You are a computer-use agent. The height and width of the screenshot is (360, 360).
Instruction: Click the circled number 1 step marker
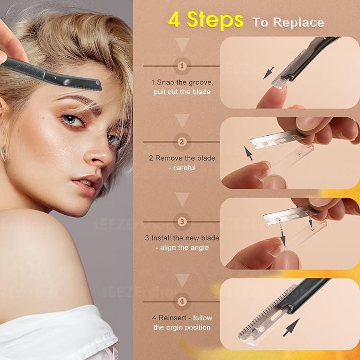(x=182, y=66)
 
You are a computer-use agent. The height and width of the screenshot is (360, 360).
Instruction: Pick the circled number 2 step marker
(x=182, y=142)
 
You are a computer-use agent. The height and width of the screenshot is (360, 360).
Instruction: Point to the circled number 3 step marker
(x=182, y=222)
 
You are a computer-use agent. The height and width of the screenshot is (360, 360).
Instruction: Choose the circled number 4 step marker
(x=182, y=302)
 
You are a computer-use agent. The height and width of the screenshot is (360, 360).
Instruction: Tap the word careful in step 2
(x=183, y=168)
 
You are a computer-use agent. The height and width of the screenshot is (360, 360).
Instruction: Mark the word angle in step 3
(x=197, y=248)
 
